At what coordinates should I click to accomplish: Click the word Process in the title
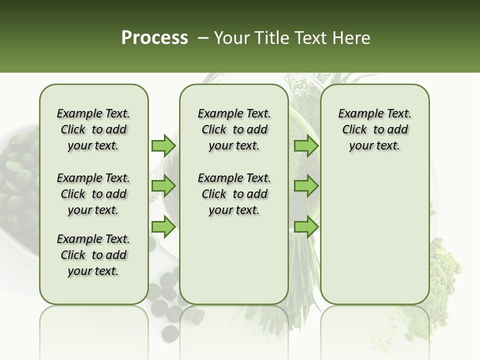[x=154, y=38]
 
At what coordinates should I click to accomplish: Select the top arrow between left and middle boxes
[x=163, y=145]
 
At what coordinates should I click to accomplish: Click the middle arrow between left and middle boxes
[x=163, y=186]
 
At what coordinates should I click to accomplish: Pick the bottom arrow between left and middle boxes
[x=163, y=227]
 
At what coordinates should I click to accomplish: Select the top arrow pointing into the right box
[x=306, y=145]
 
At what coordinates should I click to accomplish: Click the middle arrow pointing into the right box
[x=306, y=186]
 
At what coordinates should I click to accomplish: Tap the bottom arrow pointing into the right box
[x=306, y=227]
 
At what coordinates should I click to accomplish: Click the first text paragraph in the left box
[x=93, y=129]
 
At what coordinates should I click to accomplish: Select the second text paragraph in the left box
[x=93, y=194]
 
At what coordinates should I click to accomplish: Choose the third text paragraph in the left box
[x=93, y=255]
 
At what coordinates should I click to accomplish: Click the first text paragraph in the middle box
[x=234, y=129]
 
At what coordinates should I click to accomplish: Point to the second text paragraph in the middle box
[x=234, y=194]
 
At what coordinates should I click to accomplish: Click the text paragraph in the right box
[x=374, y=129]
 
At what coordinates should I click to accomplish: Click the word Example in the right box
[x=359, y=114]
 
